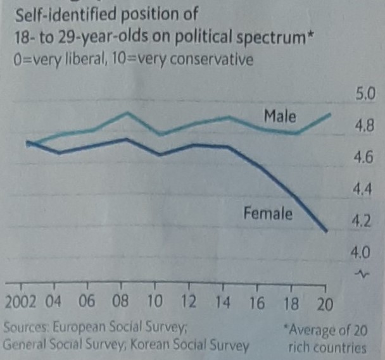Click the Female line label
pyautogui.click(x=268, y=214)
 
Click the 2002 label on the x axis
pyautogui.click(x=19, y=302)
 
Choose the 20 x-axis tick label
pyautogui.click(x=324, y=302)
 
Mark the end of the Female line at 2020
pyautogui.click(x=326, y=232)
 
